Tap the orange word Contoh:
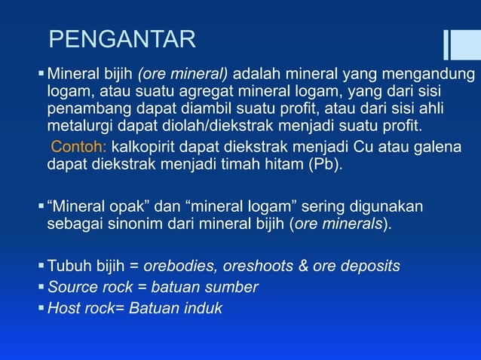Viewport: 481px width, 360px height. [x=79, y=145]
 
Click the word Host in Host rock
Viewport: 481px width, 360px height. [x=63, y=307]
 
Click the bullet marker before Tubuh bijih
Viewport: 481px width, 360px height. [x=41, y=266]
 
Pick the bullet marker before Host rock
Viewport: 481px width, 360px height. [x=41, y=307]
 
